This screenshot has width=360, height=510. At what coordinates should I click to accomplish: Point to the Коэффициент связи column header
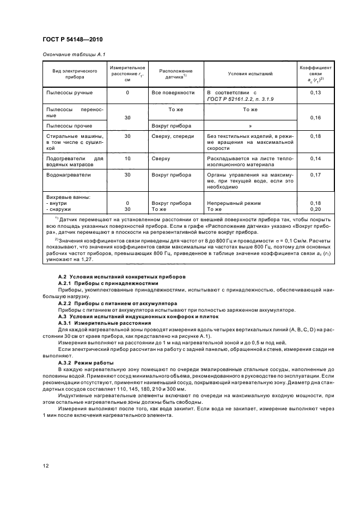[x=312, y=73]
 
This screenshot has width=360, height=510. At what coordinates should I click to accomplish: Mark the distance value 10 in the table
[x=127, y=159]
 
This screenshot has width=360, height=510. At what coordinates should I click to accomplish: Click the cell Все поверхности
[x=173, y=93]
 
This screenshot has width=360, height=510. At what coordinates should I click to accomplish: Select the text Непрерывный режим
[x=234, y=203]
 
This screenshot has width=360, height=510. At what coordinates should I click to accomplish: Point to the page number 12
[x=45, y=466]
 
